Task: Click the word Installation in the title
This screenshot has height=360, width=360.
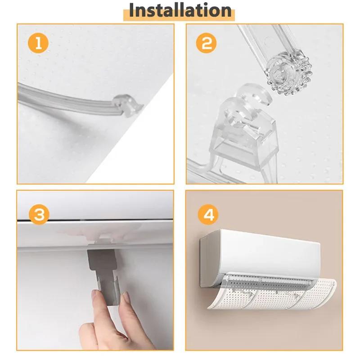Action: tap(180, 10)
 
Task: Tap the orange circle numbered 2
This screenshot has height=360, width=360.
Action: tap(207, 44)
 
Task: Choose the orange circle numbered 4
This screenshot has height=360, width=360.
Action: tap(208, 215)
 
